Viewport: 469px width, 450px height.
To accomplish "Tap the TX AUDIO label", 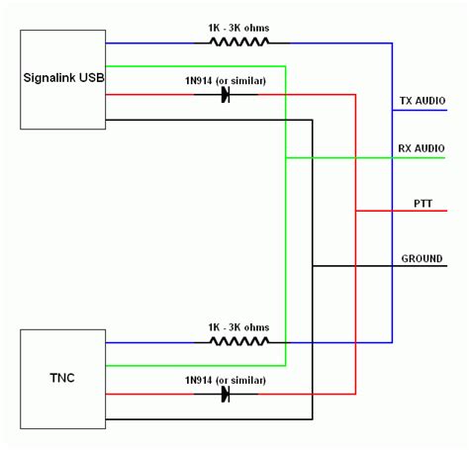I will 422,101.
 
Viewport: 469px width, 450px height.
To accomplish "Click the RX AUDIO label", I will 422,148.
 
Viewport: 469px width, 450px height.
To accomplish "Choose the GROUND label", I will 422,258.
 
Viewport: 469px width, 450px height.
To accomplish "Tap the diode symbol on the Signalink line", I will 226,95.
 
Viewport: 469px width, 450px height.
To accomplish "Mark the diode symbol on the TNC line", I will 226,394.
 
